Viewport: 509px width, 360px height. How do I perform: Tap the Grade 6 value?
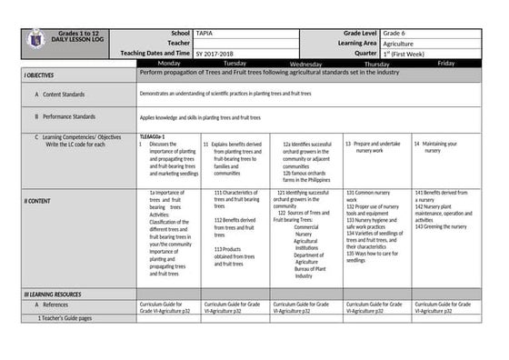396,33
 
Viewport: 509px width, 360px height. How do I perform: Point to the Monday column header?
169,64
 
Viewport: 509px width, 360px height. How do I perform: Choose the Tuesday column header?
235,64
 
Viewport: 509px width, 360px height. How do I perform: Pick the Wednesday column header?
305,64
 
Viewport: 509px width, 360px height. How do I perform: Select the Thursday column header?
377,64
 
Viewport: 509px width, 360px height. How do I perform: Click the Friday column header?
445,64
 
